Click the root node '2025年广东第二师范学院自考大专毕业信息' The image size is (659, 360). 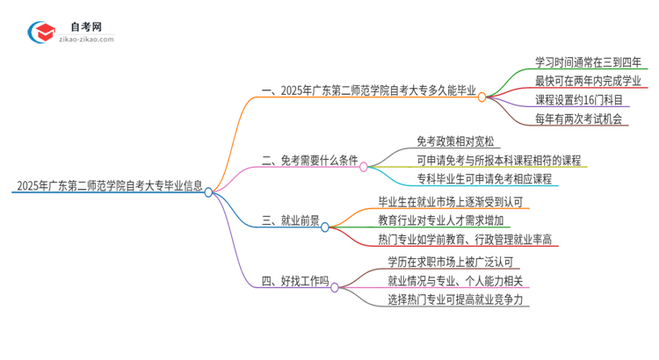[x=109, y=186]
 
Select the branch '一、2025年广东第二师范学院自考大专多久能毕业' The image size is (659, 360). [x=369, y=90]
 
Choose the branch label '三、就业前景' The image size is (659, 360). [x=290, y=220]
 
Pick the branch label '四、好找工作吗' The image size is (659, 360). [x=294, y=281]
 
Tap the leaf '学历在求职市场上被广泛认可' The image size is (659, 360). [x=454, y=262]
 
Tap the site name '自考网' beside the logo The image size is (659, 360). [x=86, y=26]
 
